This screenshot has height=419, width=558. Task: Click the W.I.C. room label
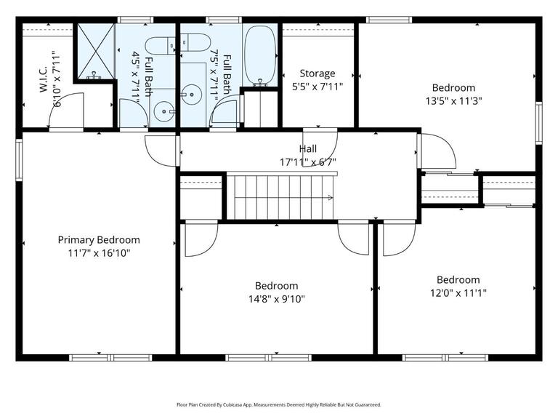43,79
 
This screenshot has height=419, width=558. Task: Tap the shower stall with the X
95,52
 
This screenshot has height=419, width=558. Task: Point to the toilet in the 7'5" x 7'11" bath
195,42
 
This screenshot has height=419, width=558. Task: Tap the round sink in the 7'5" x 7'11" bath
192,93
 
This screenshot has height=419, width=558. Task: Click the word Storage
318,73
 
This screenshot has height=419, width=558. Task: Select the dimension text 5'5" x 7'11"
318,86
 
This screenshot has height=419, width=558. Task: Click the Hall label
308,149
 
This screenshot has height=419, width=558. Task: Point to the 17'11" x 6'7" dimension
308,161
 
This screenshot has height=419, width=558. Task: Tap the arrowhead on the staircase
331,197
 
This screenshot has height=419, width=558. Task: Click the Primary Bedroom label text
99,240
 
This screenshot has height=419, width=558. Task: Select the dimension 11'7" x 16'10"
99,252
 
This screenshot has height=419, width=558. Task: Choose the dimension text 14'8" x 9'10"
276,298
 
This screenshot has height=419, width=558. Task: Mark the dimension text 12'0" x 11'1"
458,292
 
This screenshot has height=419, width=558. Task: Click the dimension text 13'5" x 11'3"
454,101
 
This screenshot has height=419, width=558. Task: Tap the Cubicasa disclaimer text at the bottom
278,404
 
